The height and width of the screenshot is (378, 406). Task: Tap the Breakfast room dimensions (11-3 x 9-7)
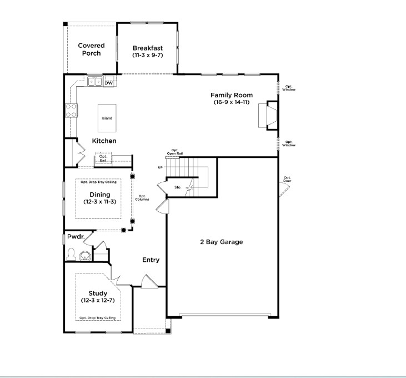click(147, 56)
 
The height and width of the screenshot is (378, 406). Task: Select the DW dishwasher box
click(109, 83)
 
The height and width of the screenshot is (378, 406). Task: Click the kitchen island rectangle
click(107, 118)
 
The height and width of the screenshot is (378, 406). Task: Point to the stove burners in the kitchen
click(72, 111)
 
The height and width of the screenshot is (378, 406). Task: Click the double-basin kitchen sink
click(94, 82)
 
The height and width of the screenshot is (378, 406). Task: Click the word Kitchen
click(104, 141)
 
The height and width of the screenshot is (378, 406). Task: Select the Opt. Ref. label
click(103, 159)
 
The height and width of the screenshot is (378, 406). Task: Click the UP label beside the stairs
click(161, 167)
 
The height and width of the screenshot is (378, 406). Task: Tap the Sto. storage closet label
click(178, 188)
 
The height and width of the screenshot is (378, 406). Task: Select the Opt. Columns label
click(142, 198)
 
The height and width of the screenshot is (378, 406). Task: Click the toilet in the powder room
click(71, 255)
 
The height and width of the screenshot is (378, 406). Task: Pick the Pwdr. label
click(76, 237)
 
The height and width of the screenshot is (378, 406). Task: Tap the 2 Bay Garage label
click(222, 242)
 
